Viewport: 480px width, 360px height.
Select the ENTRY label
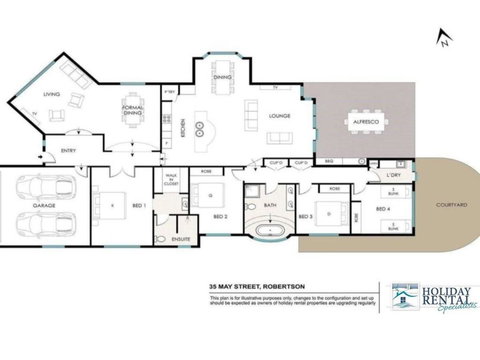coord(68,151)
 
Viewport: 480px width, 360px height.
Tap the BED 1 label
coord(138,204)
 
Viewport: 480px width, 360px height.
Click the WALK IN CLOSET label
coord(170,181)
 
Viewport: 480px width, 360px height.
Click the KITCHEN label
coord(183,127)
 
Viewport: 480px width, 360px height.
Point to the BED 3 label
coord(304,215)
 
